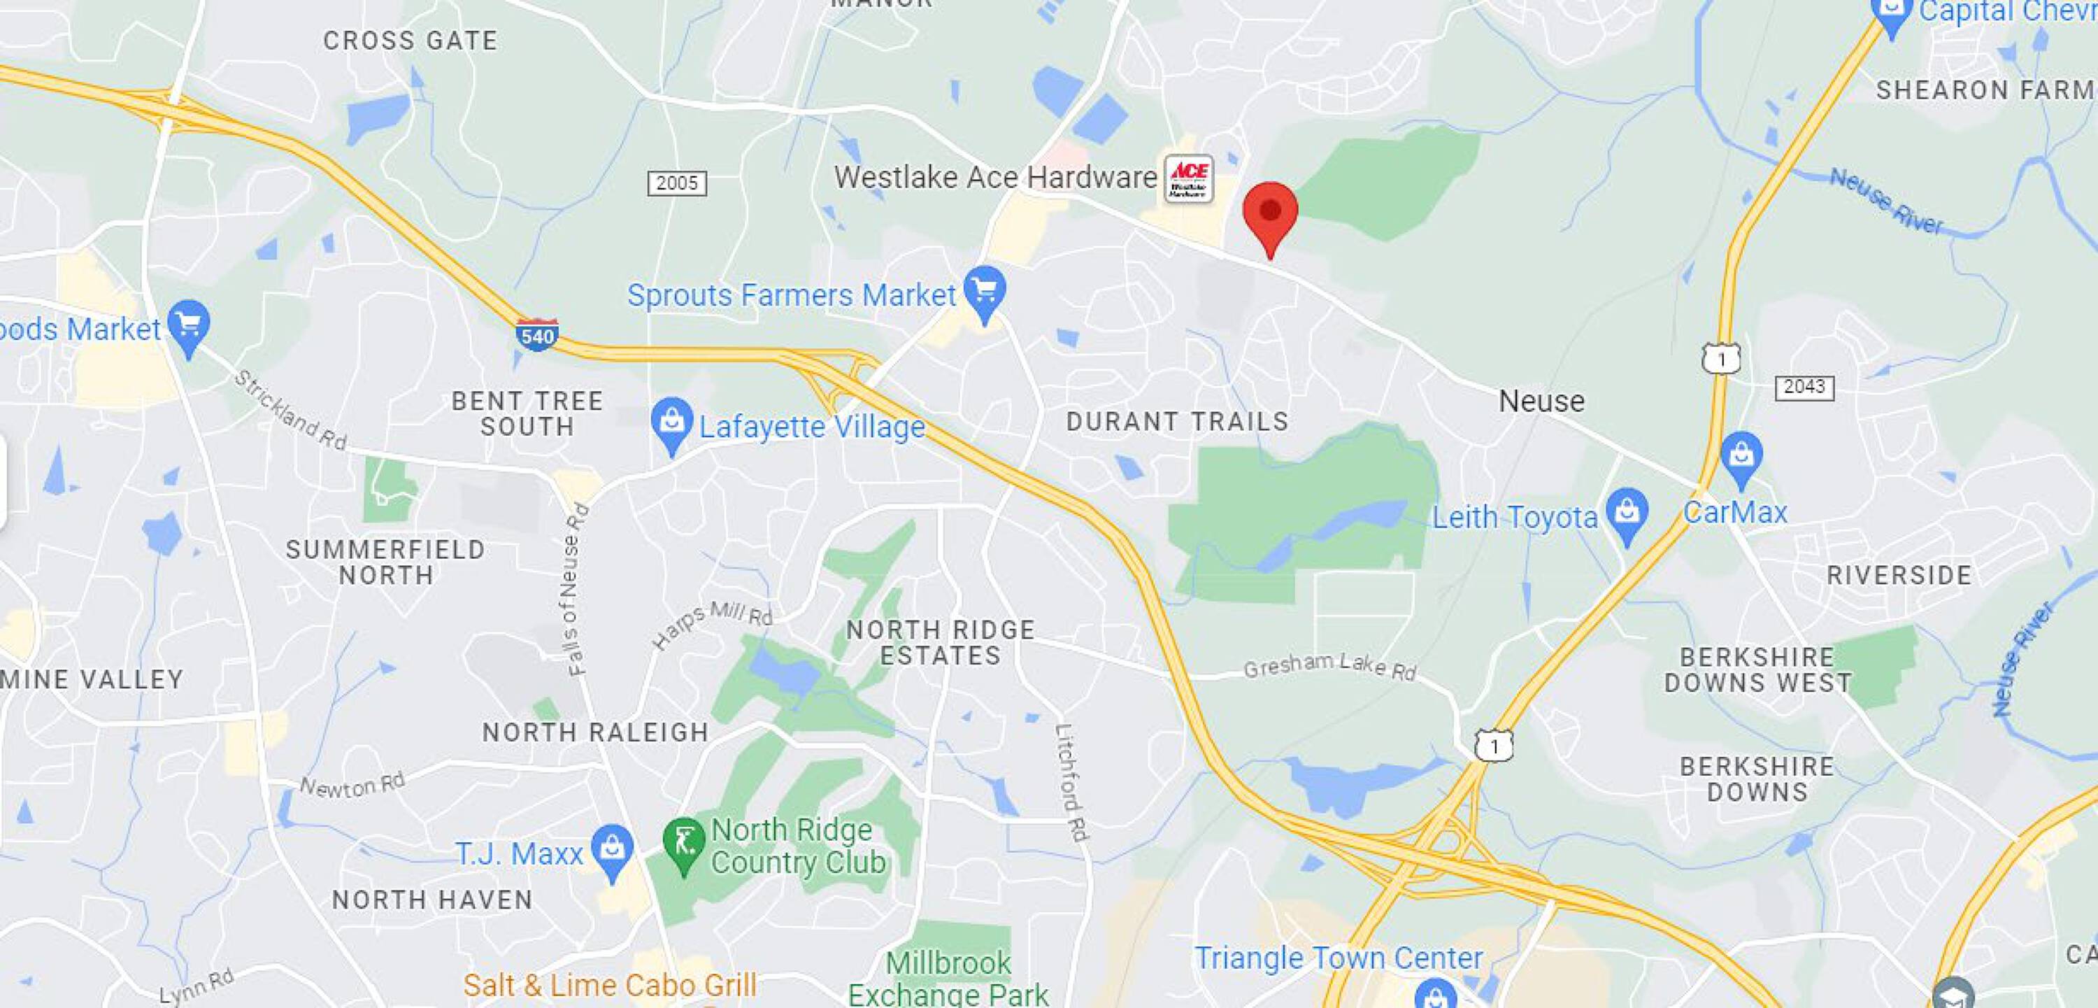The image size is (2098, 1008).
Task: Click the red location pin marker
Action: tap(1270, 213)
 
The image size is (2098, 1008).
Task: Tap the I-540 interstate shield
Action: tap(536, 335)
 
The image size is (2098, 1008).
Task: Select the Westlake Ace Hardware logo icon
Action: tap(1189, 178)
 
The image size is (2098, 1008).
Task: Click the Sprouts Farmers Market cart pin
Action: tap(985, 291)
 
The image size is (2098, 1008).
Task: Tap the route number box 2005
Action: tap(677, 183)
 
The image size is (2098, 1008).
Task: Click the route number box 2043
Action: tap(1804, 387)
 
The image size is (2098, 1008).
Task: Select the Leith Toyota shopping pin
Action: tap(1627, 513)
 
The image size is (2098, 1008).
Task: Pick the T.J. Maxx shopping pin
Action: tap(612, 850)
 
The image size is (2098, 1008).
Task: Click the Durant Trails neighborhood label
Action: tap(1177, 421)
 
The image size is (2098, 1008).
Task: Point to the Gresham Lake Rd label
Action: tap(1329, 667)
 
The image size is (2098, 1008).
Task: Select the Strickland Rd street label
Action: tap(291, 411)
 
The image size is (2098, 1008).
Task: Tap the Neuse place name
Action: tap(1542, 401)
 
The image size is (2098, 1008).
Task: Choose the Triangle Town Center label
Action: tap(1338, 958)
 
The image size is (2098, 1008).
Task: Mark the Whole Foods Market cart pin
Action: tap(188, 326)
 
